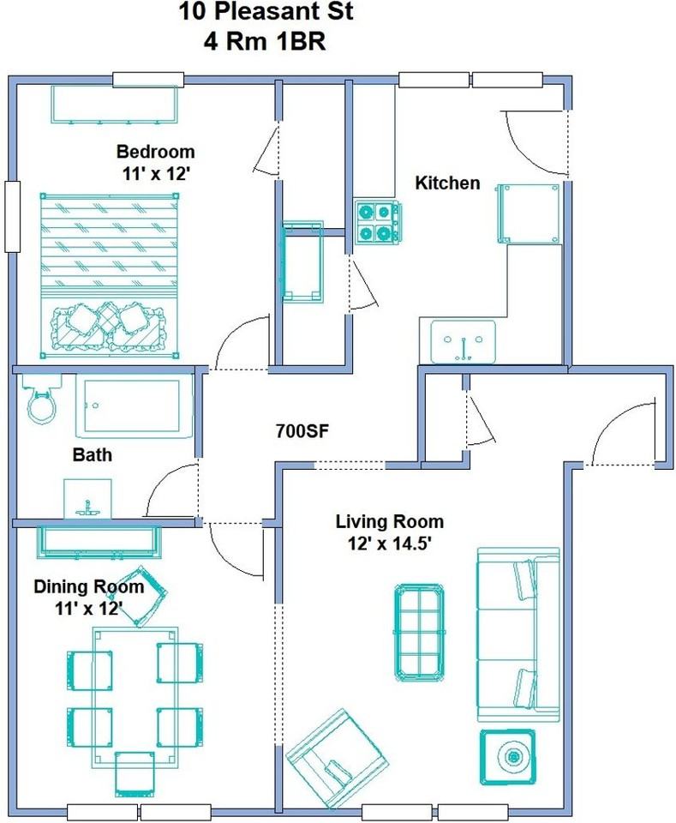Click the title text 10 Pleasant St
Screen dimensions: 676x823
coord(266,11)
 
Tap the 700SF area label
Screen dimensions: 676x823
coord(302,431)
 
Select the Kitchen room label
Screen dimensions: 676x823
coord(447,183)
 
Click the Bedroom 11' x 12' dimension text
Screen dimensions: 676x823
coord(155,173)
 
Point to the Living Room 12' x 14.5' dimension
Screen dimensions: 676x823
coord(389,544)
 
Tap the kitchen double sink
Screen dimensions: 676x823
coord(463,342)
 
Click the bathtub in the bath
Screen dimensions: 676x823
coord(135,406)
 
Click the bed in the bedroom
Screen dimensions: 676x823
coord(110,275)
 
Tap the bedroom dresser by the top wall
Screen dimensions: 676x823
coord(114,104)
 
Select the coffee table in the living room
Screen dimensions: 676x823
coord(420,632)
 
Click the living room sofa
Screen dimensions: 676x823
coord(517,634)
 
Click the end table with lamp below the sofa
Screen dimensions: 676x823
coord(508,757)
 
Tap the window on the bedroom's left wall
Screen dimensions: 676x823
coord(12,216)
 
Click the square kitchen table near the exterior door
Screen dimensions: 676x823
coord(529,213)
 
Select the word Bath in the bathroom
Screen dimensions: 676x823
coord(93,454)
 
